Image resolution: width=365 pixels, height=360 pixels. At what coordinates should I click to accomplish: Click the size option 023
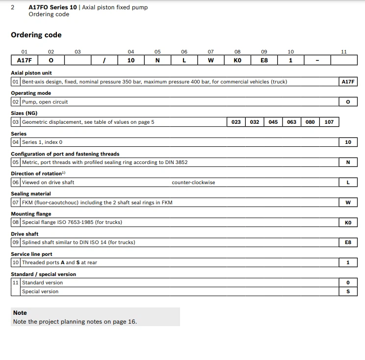point(236,122)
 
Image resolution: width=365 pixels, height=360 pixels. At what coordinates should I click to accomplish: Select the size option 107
point(329,122)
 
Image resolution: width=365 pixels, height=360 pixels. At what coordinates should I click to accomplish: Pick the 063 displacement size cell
point(291,122)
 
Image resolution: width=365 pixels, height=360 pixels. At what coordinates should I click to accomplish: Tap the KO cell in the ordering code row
point(237,60)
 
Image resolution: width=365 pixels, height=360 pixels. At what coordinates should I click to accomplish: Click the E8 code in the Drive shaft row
point(348,243)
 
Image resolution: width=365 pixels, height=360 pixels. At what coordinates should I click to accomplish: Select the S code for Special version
point(348,292)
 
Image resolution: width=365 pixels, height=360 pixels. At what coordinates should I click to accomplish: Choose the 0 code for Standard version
point(348,283)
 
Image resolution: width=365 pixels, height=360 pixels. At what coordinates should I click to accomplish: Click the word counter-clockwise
point(193,182)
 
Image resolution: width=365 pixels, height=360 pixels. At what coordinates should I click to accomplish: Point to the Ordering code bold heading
point(36,35)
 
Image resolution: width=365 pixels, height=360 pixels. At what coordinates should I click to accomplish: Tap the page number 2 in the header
point(12,7)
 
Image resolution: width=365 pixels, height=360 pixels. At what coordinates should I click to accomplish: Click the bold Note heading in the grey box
point(20,313)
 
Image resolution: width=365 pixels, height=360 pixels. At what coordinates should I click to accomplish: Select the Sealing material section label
point(31,194)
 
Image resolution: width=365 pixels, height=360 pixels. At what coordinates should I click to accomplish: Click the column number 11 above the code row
point(343,52)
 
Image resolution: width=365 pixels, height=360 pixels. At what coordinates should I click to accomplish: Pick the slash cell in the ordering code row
point(104,60)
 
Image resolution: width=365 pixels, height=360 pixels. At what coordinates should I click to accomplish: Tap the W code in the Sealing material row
point(348,202)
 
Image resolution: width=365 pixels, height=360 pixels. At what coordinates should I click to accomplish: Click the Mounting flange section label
point(31,214)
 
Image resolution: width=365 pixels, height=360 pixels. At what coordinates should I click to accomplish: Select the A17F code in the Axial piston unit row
point(348,82)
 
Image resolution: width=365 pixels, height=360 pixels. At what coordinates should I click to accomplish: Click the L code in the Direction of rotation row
point(348,182)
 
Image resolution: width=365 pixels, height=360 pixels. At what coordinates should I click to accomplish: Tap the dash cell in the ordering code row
point(317,60)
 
